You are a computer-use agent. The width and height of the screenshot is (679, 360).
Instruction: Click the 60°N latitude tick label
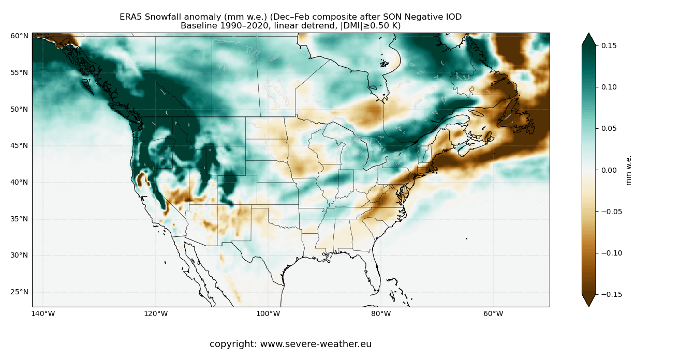[x=19, y=36]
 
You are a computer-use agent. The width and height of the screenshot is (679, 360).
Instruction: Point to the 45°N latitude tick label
[x=19, y=145]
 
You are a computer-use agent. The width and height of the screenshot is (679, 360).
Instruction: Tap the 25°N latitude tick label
[x=19, y=292]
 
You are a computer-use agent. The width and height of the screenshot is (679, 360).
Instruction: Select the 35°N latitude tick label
[x=19, y=219]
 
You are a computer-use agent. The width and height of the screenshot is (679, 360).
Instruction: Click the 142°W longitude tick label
[x=43, y=313]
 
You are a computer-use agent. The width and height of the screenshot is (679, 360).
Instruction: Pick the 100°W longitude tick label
[x=268, y=313]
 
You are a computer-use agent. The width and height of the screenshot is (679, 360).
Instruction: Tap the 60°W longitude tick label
[x=493, y=313]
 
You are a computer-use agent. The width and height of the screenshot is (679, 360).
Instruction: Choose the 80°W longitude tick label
[x=380, y=313]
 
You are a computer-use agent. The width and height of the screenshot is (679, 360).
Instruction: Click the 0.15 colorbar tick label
[x=609, y=46]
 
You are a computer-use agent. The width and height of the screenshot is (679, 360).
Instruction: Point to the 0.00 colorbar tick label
[x=609, y=170]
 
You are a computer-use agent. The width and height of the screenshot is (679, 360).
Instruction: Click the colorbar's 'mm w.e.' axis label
[x=629, y=170]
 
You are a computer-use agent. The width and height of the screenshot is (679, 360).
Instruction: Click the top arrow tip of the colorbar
[x=588, y=34]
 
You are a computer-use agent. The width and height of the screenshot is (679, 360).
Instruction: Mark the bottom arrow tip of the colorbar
[x=588, y=306]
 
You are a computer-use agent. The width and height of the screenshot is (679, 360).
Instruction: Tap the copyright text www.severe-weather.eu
[x=316, y=344]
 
